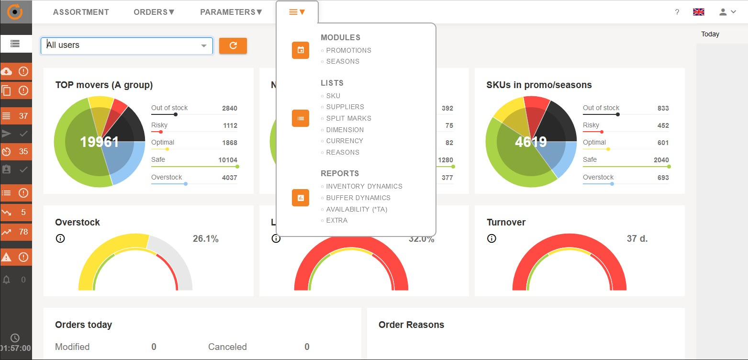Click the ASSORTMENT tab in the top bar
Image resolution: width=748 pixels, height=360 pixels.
pos(81,12)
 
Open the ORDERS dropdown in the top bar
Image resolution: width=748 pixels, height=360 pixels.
pos(154,12)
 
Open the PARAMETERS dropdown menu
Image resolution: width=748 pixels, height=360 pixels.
pos(231,12)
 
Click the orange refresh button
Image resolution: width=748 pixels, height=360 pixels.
pos(233,45)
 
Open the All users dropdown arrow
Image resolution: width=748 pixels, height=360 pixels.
pos(204,46)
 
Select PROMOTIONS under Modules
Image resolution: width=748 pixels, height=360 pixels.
pos(348,50)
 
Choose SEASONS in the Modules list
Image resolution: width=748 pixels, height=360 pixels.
pos(343,61)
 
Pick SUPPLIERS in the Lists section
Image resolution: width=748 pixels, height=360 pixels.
pos(345,107)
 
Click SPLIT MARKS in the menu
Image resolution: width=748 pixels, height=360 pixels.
pos(348,118)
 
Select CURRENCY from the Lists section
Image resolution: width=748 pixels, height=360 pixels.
pos(345,141)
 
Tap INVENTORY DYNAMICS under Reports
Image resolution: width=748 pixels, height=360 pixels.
pos(364,186)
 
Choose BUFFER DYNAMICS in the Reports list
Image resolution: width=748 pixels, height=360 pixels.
pos(358,198)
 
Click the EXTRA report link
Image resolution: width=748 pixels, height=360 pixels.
pos(337,220)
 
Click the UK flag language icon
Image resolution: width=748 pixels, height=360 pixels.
pos(699,12)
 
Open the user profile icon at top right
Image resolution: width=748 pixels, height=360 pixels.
pos(724,12)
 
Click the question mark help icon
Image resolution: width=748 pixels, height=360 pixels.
pos(677,12)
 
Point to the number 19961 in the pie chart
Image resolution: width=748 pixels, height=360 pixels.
pos(100,142)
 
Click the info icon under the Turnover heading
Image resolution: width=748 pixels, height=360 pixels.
pos(491,238)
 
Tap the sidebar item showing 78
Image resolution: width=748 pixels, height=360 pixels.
pos(16,232)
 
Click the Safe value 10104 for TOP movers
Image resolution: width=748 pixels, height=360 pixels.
pos(228,160)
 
